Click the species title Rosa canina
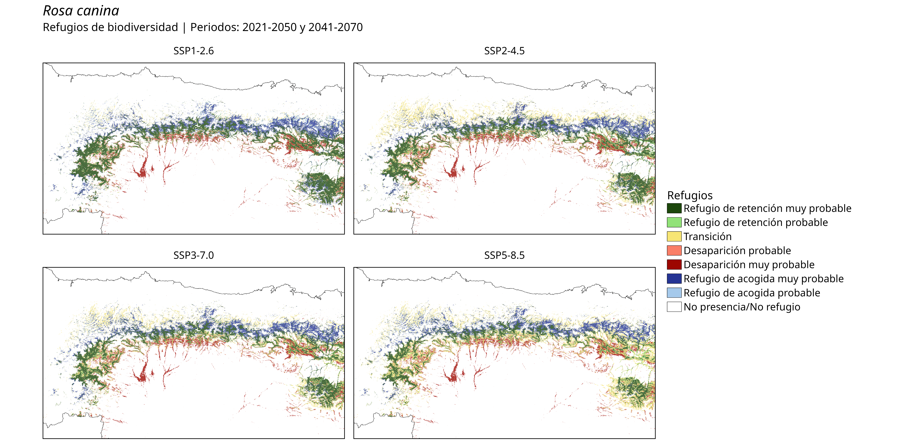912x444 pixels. (x=81, y=11)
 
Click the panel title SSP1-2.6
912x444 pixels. (x=194, y=51)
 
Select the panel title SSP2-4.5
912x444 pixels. (x=505, y=51)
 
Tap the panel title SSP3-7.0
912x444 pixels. (x=194, y=255)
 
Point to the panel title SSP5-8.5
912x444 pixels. (x=505, y=255)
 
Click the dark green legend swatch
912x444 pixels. (x=674, y=208)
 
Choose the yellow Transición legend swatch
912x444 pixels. (x=674, y=236)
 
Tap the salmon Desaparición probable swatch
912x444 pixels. (x=674, y=251)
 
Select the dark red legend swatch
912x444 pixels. (x=674, y=265)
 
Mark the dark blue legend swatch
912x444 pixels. (x=674, y=279)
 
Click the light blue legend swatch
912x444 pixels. (x=674, y=293)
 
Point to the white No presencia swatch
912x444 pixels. (x=674, y=307)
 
